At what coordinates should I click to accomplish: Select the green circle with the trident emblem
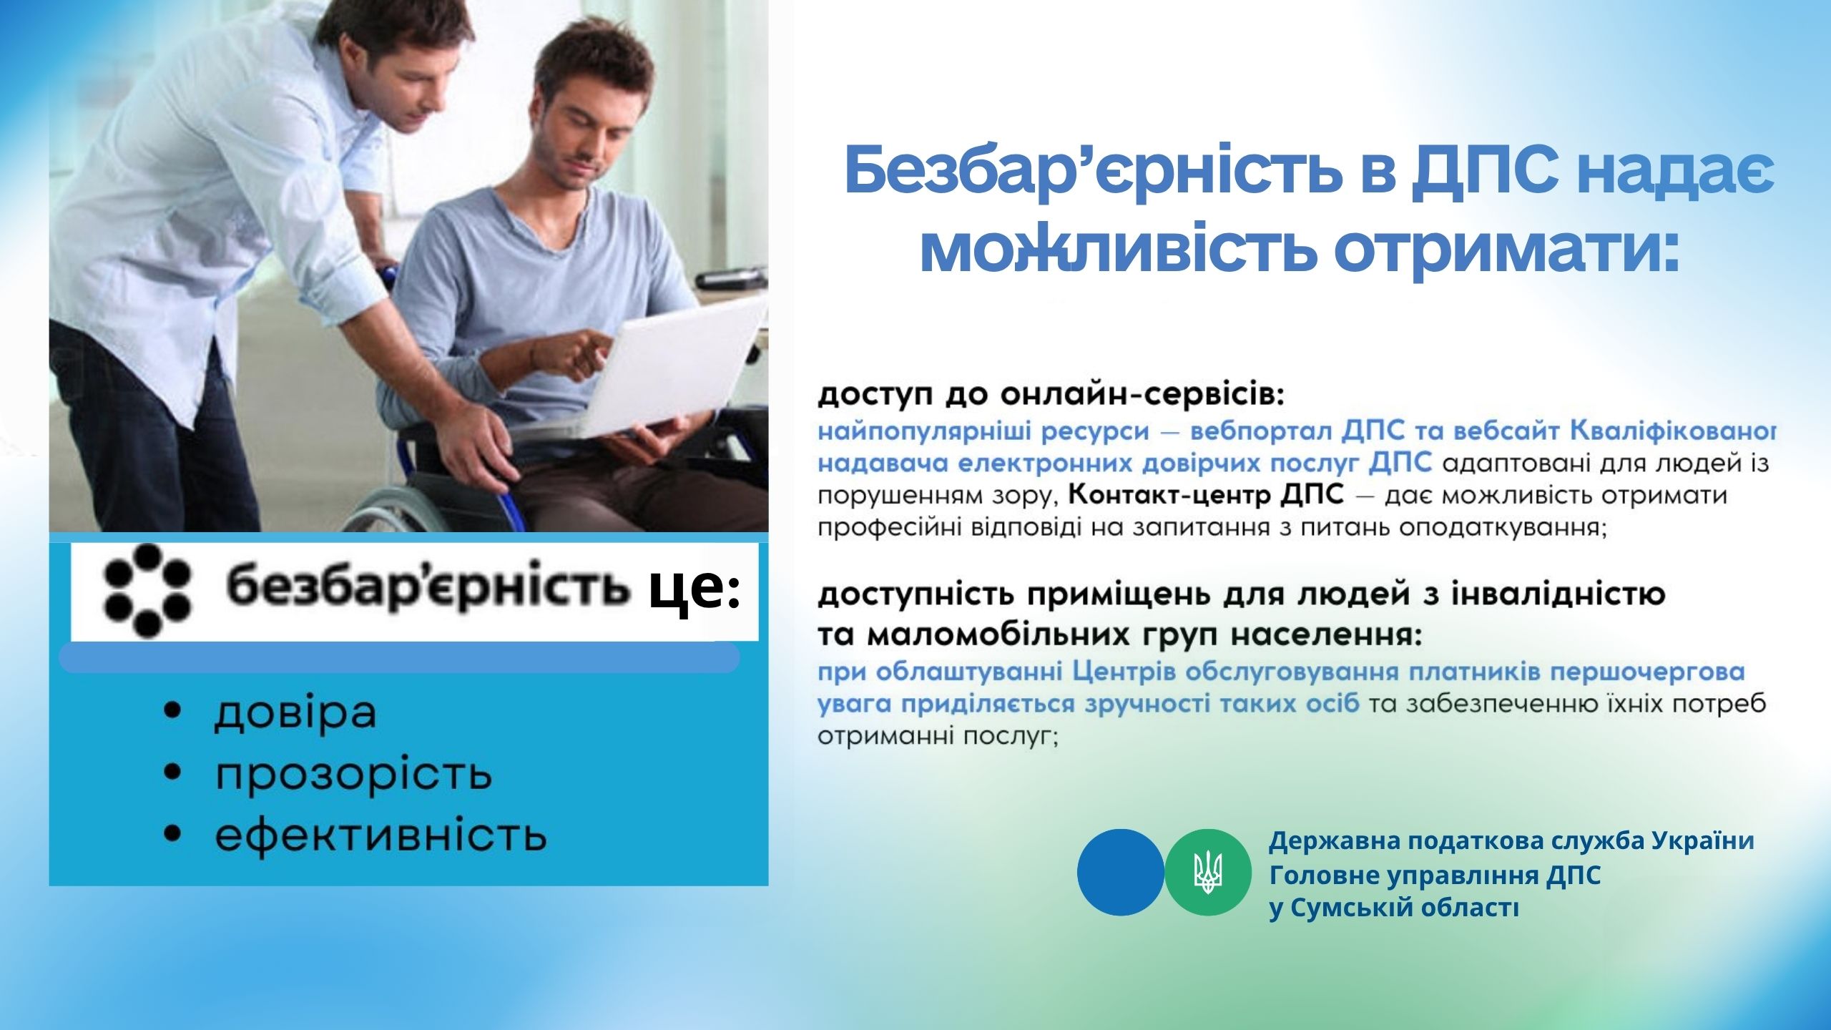[1208, 872]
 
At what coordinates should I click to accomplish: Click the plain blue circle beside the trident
[1121, 872]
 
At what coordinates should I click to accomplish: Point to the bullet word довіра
[295, 712]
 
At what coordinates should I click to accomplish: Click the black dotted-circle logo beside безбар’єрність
[147, 591]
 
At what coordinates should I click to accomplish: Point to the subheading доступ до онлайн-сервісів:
[1051, 396]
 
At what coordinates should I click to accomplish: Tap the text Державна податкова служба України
[1511, 841]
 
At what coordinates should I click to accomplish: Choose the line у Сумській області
[1394, 908]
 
